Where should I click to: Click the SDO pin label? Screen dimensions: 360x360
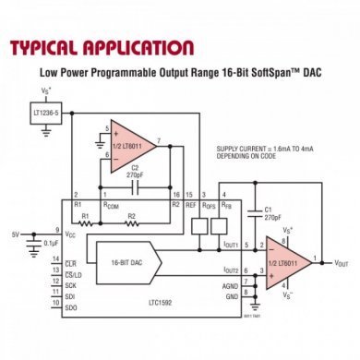point(70,308)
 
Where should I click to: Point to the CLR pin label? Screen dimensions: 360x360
point(70,264)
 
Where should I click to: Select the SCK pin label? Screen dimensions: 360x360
point(70,286)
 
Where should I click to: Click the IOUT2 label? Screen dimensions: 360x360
point(231,270)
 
